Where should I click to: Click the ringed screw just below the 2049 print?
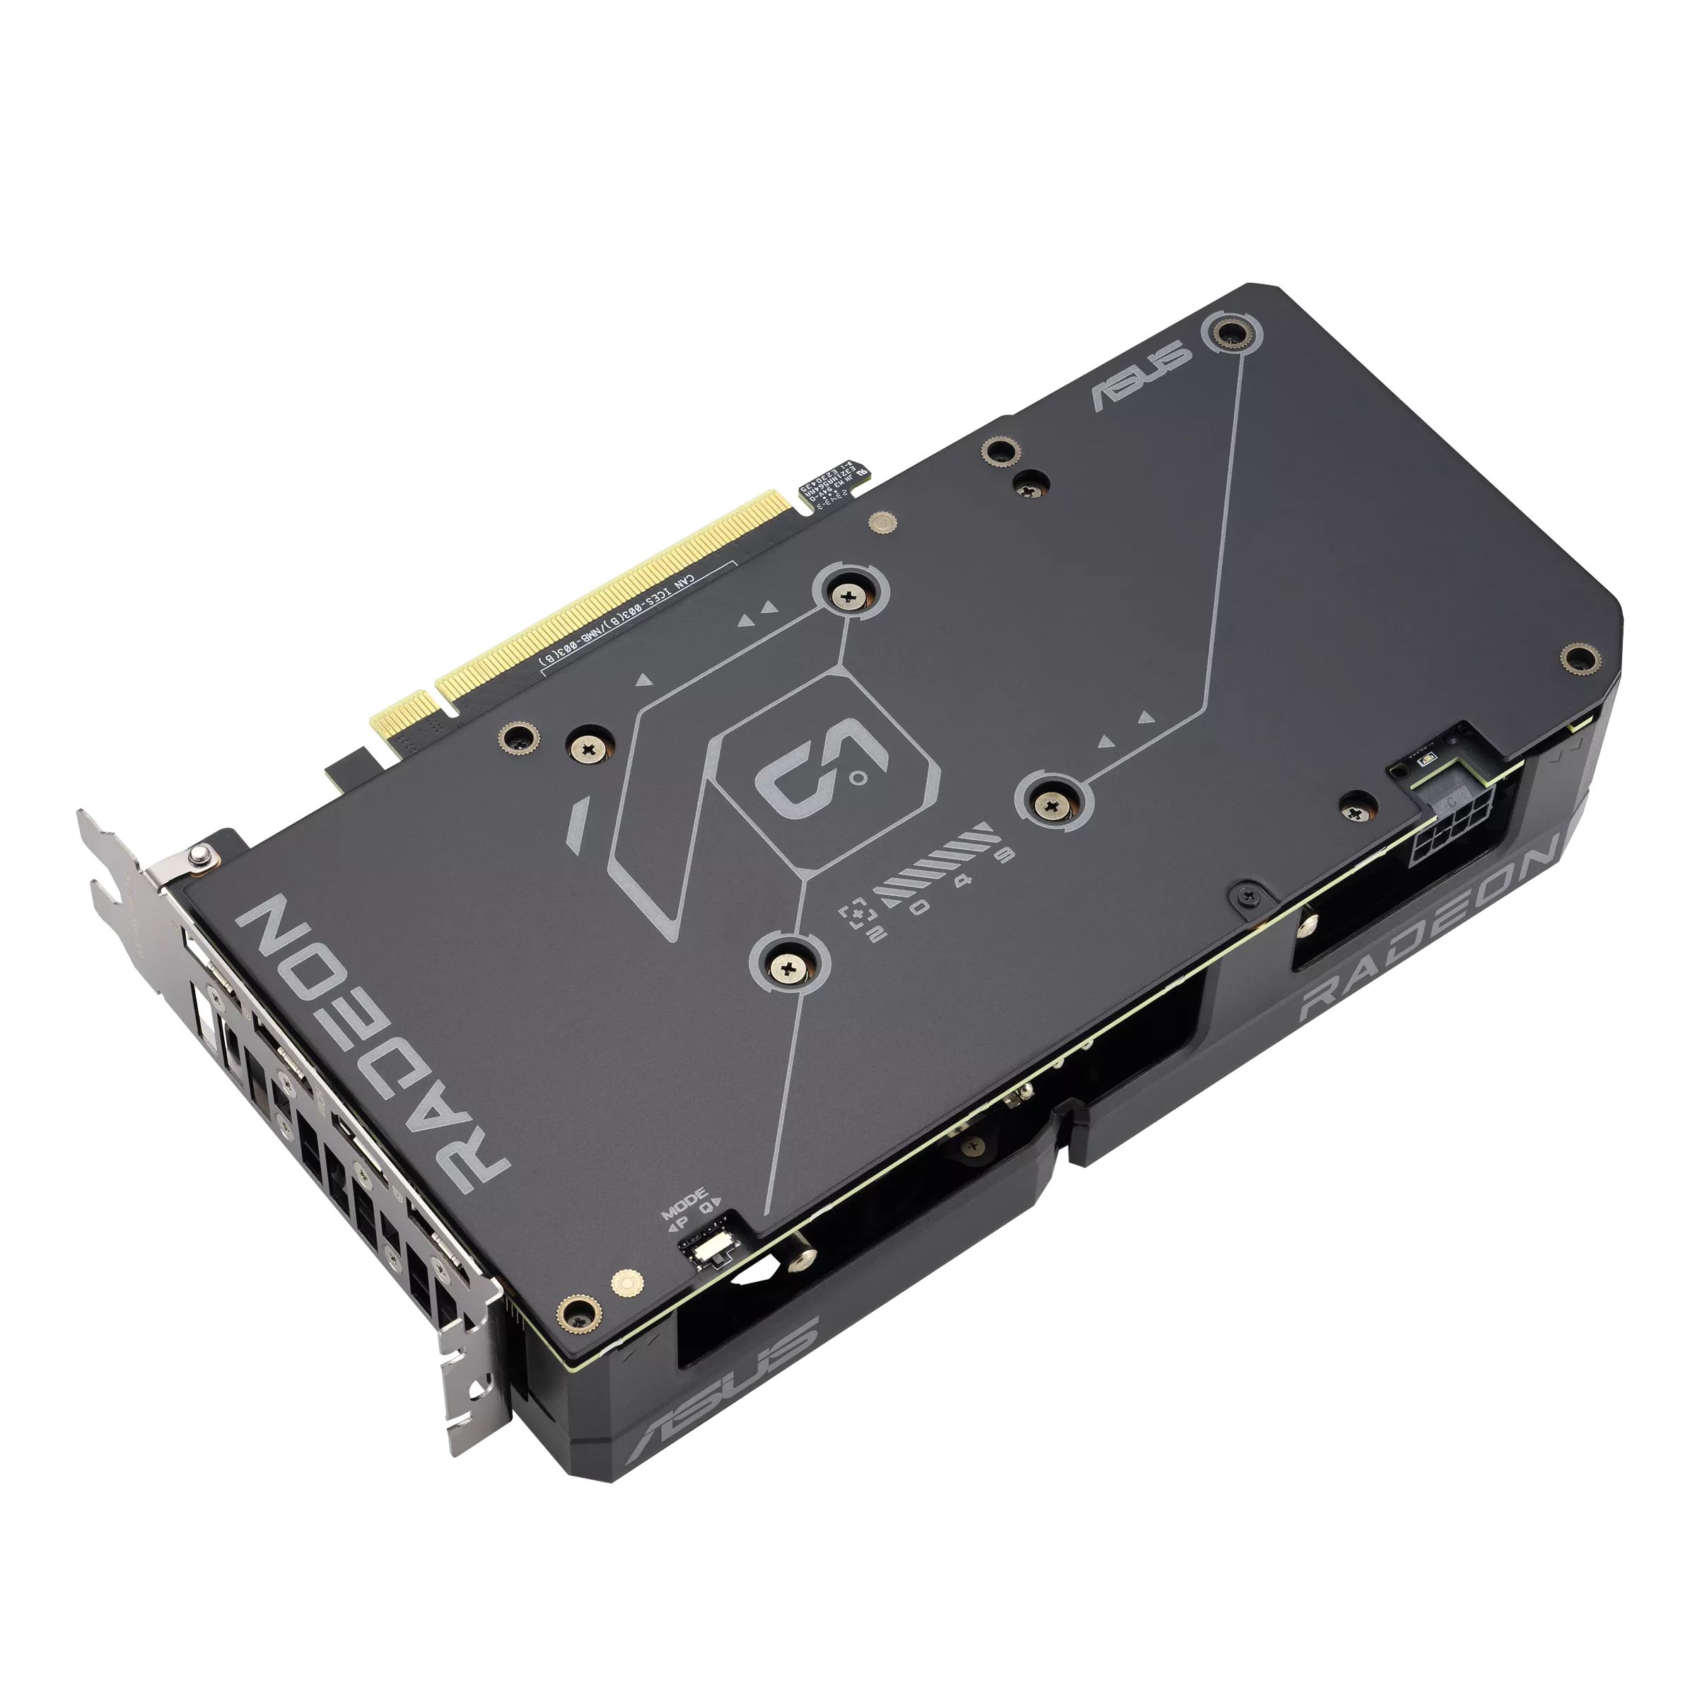coord(789,965)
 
